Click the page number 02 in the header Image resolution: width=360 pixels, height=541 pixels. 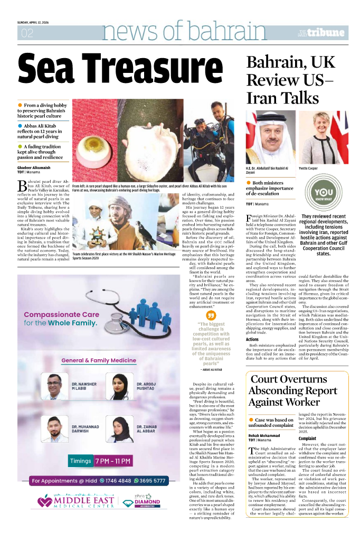(x=26, y=33)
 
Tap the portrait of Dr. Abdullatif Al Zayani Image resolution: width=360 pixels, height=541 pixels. (x=270, y=137)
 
